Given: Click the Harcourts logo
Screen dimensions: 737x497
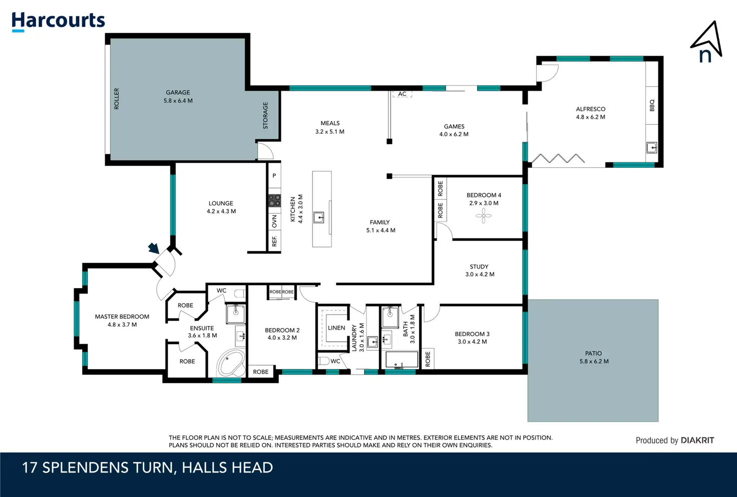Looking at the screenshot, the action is click(x=58, y=22).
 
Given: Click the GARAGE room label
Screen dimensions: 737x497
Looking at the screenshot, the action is click(x=178, y=93).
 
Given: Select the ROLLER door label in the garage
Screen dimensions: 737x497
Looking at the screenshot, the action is click(x=117, y=99).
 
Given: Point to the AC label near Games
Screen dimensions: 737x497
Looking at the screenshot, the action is click(x=402, y=94).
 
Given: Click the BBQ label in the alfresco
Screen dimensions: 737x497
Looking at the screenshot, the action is click(x=652, y=105).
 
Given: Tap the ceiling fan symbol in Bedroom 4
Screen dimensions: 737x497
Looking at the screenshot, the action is click(x=483, y=216).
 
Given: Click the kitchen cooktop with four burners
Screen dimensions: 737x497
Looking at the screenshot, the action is click(x=274, y=200).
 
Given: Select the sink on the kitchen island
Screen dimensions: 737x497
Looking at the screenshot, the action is click(x=318, y=217).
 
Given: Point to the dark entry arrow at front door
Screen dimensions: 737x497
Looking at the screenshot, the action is click(x=154, y=248).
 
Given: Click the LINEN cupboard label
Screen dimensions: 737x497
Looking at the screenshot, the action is click(x=336, y=328).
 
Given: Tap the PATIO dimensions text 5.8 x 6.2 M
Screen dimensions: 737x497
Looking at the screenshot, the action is click(x=594, y=361).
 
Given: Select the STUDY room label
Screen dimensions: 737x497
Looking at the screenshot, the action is click(x=479, y=267).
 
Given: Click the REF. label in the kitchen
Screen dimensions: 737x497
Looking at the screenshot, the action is click(x=274, y=241).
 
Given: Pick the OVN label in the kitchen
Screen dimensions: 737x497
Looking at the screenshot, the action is click(x=274, y=221).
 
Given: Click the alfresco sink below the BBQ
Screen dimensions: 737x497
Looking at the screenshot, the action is click(x=651, y=147).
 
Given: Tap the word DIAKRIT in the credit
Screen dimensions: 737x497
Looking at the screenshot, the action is click(x=697, y=440).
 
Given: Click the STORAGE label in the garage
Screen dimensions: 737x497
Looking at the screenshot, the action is click(x=265, y=116).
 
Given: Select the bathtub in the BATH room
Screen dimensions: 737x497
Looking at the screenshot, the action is click(x=402, y=360).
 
